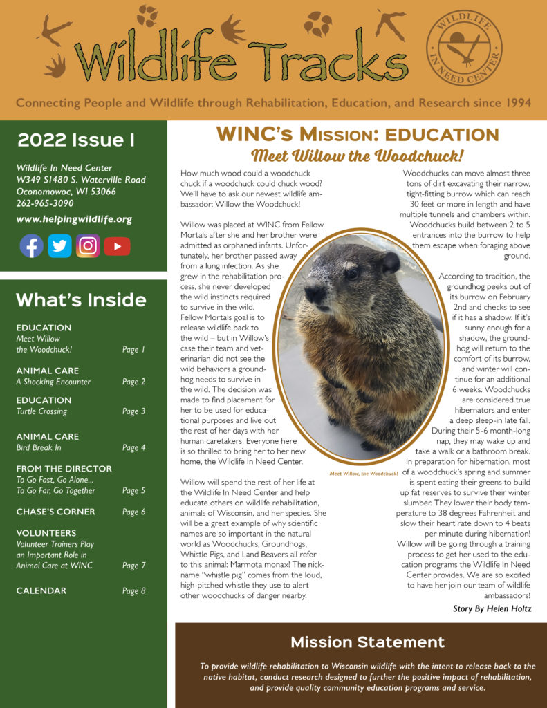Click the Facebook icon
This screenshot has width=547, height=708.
click(x=31, y=246)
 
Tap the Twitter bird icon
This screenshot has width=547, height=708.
click(x=59, y=246)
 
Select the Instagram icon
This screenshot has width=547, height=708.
click(x=88, y=246)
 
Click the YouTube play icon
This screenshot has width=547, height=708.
click(x=117, y=246)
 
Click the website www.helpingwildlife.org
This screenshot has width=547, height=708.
click(x=74, y=219)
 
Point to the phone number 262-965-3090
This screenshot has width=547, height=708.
click(x=49, y=203)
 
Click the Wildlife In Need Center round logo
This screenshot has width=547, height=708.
click(x=463, y=48)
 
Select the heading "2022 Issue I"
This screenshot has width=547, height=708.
click(x=76, y=140)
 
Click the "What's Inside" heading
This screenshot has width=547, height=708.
click(x=81, y=299)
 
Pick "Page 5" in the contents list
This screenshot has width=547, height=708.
click(x=133, y=491)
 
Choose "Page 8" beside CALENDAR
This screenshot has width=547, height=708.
click(x=133, y=591)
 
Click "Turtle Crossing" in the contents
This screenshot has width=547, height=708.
click(x=41, y=411)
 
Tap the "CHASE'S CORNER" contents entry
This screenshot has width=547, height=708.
click(x=56, y=512)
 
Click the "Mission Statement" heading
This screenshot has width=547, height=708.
click(x=367, y=642)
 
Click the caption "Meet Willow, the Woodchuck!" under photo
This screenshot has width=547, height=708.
click(x=364, y=474)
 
